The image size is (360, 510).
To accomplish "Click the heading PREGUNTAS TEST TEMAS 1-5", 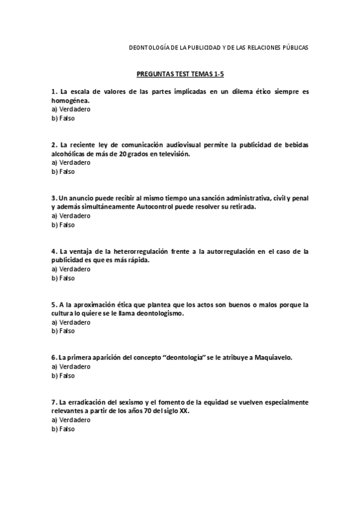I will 180,74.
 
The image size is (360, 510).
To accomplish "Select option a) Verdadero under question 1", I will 71,110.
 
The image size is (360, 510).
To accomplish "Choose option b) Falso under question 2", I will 63,171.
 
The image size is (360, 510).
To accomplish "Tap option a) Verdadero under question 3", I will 71,215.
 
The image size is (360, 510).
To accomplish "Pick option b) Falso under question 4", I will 63,278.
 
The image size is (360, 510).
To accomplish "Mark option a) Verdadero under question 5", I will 71,322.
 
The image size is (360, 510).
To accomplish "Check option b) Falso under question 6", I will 63,375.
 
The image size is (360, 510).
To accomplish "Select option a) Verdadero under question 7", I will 71,420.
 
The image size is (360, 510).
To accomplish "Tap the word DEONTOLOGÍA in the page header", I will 150,47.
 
